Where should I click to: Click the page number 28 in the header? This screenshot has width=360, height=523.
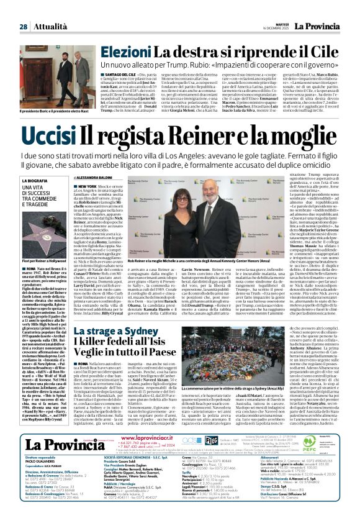(23, 9)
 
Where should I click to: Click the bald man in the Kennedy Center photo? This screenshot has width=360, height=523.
(222, 214)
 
